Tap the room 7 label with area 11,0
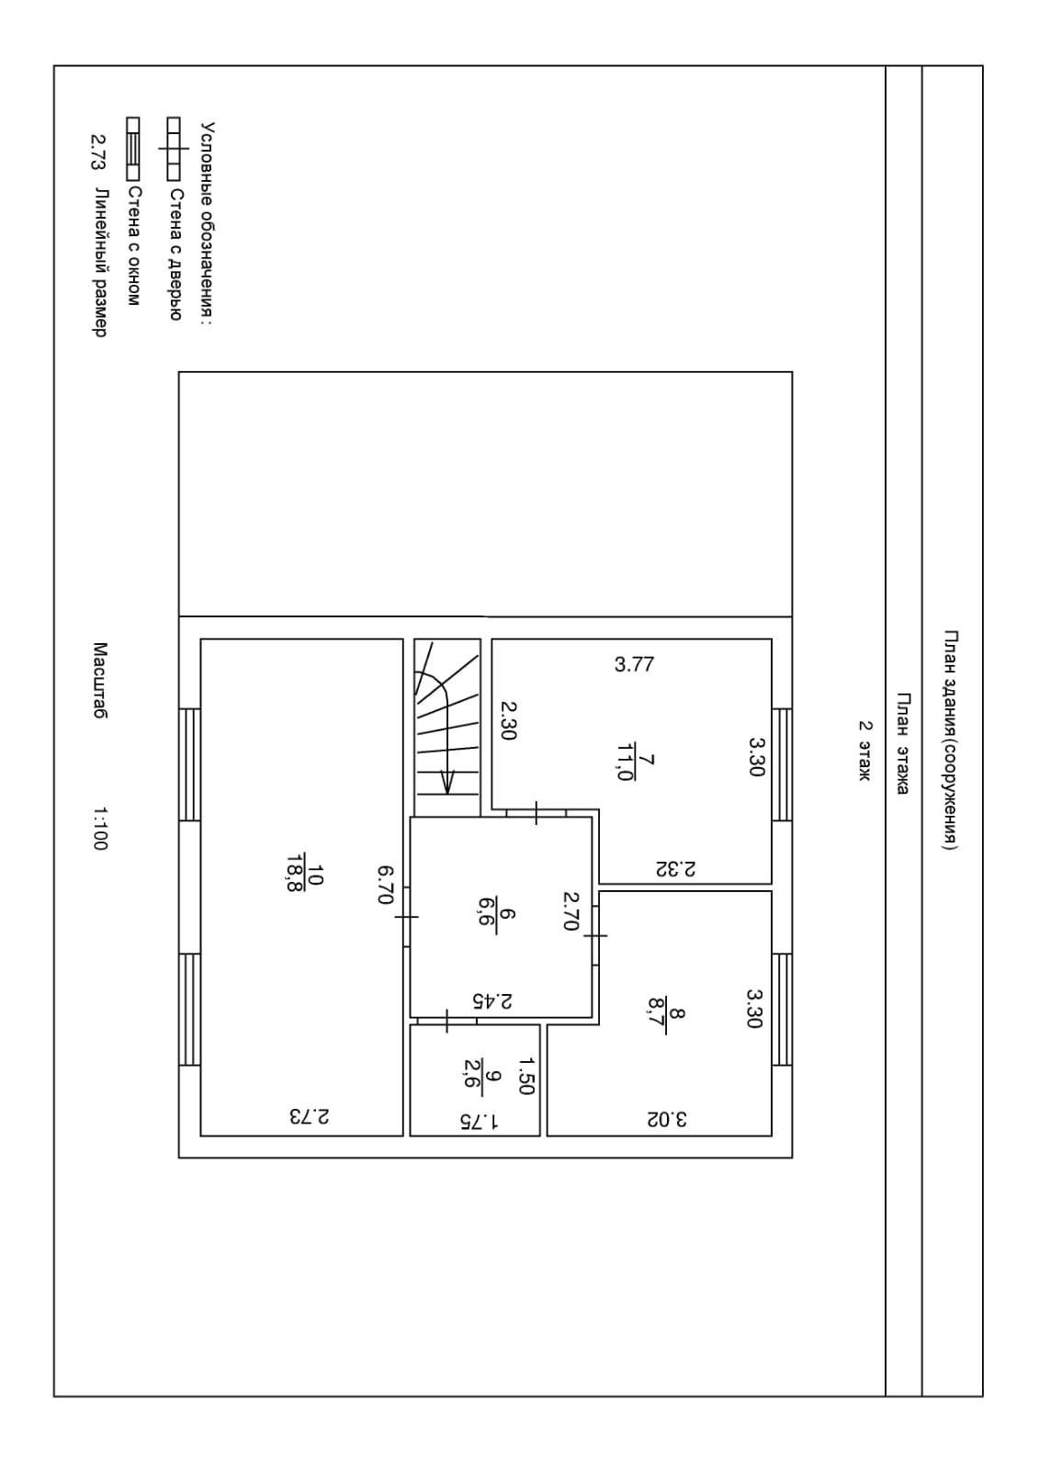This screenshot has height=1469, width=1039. pos(635,760)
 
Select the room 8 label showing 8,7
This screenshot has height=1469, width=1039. pos(666,1012)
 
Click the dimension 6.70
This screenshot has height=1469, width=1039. pos(386,885)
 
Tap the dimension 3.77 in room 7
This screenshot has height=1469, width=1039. pos(634,664)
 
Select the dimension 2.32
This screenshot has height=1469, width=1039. pos(675,868)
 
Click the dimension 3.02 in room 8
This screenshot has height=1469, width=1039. pos(667,1118)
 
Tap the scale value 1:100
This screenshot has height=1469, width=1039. pos(99,829)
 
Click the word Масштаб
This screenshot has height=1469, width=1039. pos(99,680)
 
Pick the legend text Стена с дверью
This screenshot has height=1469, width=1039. pos(175,254)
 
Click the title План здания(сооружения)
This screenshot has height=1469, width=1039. pos(951,741)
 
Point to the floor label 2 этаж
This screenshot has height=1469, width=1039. pos(864,751)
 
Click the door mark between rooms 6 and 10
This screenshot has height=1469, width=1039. pos(406,916)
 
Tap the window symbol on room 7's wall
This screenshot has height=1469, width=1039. pos(782,764)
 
